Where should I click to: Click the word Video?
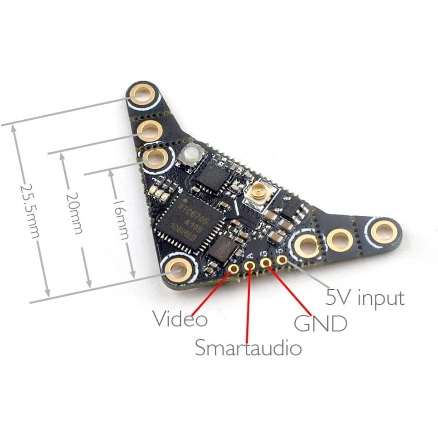coord(180,319)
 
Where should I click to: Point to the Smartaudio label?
coord(248,348)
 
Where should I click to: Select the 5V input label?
coord(365,298)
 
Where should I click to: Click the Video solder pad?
coord(234,269)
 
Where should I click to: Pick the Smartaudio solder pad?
coord(249,265)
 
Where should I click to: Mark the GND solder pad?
coord(266,262)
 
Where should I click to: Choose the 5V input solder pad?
coord(282,259)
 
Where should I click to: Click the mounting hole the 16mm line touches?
coord(156,159)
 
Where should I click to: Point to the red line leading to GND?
coord(290,291)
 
